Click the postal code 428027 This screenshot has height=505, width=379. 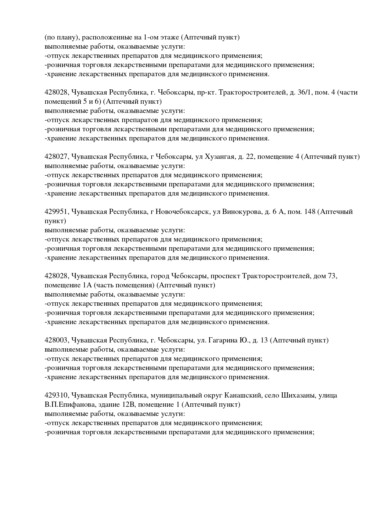57,157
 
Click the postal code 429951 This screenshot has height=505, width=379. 57,212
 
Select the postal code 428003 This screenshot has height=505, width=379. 57,340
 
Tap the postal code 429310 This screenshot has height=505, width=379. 57,395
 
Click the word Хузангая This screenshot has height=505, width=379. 219,157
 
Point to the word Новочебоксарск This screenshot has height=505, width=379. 182,212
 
